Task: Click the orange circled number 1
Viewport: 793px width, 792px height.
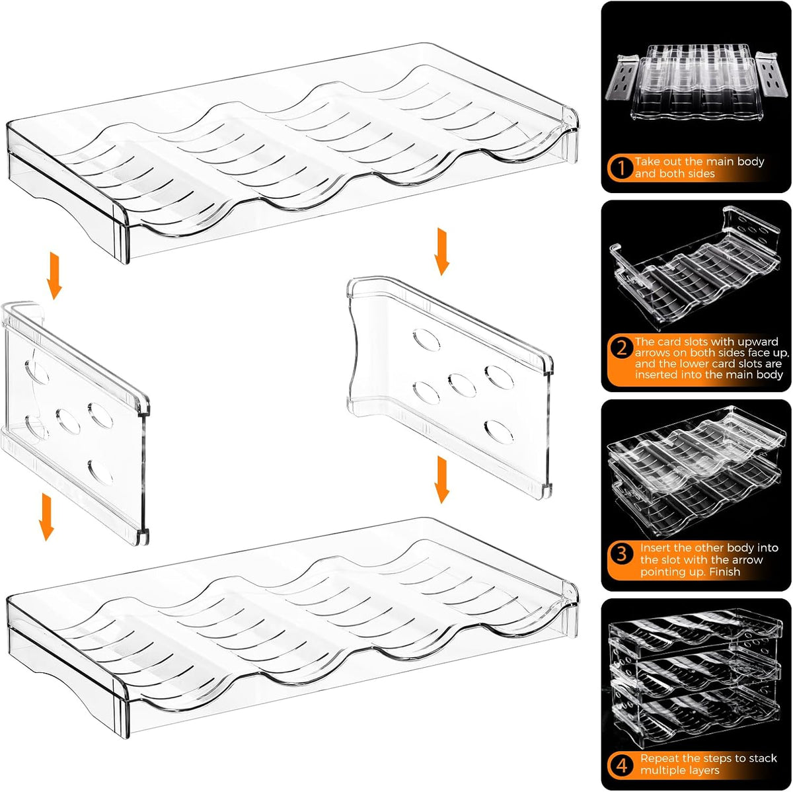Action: click(621, 168)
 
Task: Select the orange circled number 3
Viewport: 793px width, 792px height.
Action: click(621, 553)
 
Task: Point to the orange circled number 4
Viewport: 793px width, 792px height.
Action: click(621, 766)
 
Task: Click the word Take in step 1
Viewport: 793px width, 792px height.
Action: click(648, 161)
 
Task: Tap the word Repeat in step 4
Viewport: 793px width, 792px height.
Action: click(660, 759)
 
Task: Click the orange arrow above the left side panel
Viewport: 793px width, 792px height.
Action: click(54, 276)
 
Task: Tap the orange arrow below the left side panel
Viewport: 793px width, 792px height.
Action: click(46, 517)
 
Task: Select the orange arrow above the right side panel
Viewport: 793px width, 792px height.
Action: click(442, 252)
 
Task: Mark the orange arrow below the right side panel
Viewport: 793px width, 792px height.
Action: click(442, 480)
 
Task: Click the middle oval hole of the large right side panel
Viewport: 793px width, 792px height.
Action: click(462, 385)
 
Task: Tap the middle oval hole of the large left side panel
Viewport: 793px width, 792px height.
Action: click(68, 421)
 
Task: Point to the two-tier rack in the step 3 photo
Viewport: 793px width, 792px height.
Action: click(694, 471)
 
